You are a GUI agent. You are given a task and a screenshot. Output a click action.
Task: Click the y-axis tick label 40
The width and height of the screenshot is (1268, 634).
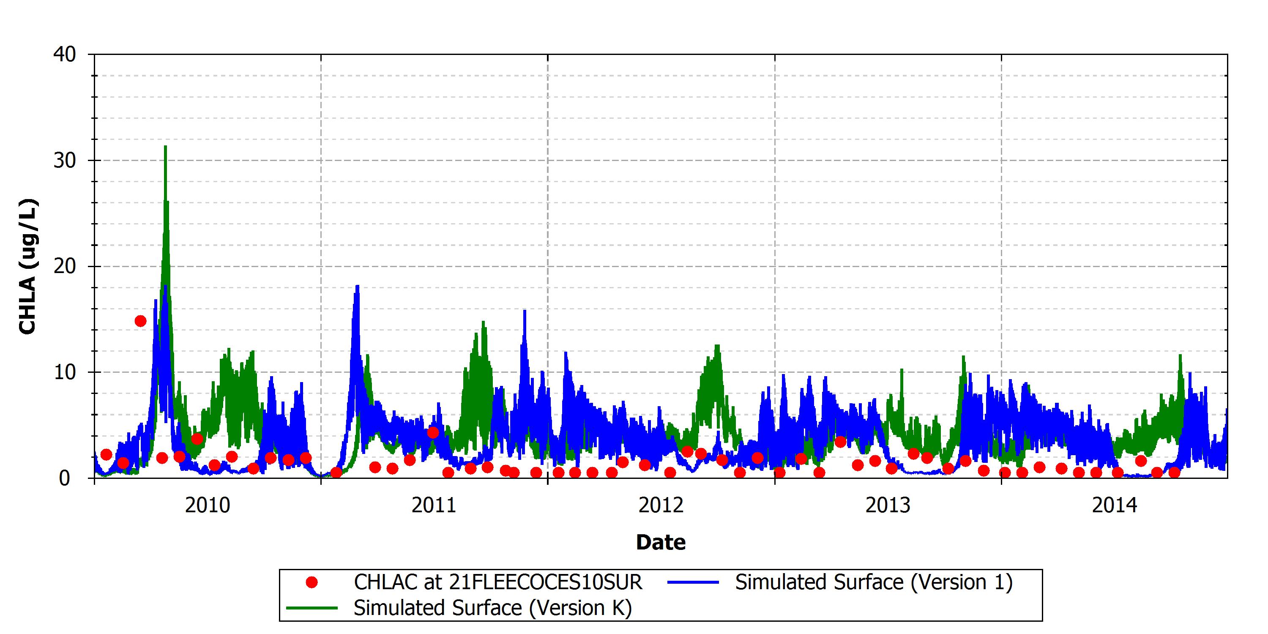(65, 54)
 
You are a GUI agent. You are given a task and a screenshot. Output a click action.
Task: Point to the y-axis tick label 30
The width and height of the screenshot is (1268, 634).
(65, 161)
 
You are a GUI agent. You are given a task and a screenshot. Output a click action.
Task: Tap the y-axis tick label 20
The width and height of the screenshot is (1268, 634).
(65, 266)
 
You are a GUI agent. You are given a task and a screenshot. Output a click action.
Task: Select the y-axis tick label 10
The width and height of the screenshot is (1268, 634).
(65, 372)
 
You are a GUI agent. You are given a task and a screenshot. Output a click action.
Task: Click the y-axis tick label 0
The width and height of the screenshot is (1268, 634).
(65, 478)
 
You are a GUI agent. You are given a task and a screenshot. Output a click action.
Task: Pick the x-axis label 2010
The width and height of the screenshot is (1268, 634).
(207, 506)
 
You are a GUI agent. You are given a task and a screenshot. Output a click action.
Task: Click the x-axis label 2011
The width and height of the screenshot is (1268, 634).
(434, 506)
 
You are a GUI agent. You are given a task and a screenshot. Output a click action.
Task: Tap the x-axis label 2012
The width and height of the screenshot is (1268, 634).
(661, 506)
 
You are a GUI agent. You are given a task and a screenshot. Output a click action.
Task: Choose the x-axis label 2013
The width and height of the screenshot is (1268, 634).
(888, 506)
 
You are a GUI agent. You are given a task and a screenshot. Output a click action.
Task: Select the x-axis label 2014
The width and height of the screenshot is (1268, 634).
(1115, 506)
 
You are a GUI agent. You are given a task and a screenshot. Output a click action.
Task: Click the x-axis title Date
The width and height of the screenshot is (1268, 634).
(661, 542)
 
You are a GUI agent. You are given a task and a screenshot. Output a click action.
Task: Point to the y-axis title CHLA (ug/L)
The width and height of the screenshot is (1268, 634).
(27, 266)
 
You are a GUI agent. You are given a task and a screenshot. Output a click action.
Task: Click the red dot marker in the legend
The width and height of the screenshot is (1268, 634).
(312, 583)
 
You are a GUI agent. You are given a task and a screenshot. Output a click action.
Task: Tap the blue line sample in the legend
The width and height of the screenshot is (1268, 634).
(694, 583)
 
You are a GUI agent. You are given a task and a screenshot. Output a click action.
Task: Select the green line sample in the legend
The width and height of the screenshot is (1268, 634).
(312, 608)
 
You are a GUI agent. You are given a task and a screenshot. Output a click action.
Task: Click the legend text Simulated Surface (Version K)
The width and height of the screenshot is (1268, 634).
(493, 608)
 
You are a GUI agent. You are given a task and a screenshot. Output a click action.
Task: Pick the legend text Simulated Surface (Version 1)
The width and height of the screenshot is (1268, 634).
(874, 583)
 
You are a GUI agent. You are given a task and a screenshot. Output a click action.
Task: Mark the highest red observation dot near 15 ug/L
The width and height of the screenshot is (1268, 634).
(140, 321)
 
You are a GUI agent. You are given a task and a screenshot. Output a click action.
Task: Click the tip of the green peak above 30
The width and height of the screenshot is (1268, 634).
(165, 146)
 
